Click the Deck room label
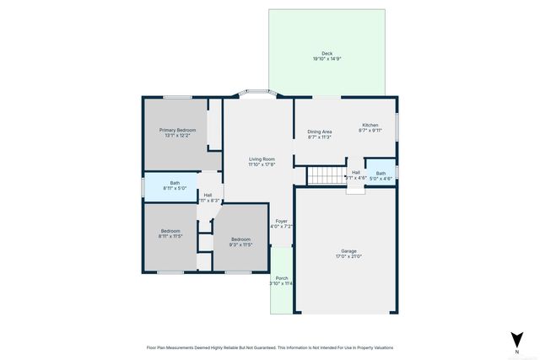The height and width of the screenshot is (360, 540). pos(327,53)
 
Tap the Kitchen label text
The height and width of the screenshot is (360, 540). pos(370,125)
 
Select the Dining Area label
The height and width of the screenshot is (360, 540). pos(319,132)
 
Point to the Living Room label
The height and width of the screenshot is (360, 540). pos(262,159)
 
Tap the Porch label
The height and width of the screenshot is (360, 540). pos(281,278)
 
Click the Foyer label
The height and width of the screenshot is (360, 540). pos(281,221)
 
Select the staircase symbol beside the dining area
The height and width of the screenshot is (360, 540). pos(321,175)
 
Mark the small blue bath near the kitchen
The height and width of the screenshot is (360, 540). pos(381,175)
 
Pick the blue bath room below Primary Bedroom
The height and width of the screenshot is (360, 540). pos(174,185)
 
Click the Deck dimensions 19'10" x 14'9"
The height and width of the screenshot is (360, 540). pos(327,59)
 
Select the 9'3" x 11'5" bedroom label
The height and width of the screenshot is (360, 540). pos(241,242)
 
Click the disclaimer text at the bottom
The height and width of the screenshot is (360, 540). pos(269,347)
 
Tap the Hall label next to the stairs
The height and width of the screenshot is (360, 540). pos(356,173)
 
